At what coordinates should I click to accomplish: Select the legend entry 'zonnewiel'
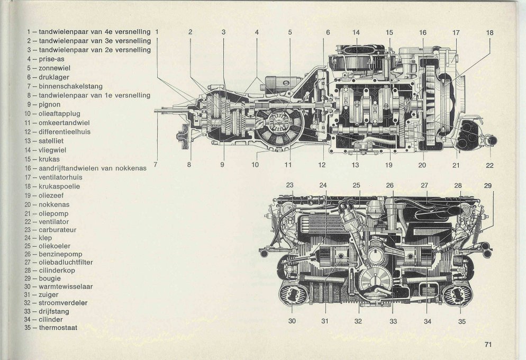(x=55, y=68)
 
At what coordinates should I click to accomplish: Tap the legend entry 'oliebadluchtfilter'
(x=66, y=262)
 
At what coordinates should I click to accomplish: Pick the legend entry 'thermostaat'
(x=58, y=327)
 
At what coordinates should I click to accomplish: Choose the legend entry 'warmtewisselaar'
(x=62, y=286)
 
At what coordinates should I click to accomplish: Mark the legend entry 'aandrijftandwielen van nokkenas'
(x=87, y=168)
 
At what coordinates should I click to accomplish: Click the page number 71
(x=488, y=345)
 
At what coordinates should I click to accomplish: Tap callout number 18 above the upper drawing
(x=489, y=32)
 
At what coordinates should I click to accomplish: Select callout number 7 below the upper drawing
(x=156, y=165)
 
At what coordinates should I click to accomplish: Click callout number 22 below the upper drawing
(x=489, y=165)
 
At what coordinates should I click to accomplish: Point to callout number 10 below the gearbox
(x=255, y=165)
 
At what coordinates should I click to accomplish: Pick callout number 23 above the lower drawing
(x=289, y=185)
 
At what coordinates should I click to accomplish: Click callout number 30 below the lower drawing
(x=292, y=320)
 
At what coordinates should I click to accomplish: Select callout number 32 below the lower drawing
(x=358, y=320)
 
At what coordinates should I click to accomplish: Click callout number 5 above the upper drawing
(x=290, y=32)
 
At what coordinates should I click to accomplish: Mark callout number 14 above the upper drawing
(x=356, y=32)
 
